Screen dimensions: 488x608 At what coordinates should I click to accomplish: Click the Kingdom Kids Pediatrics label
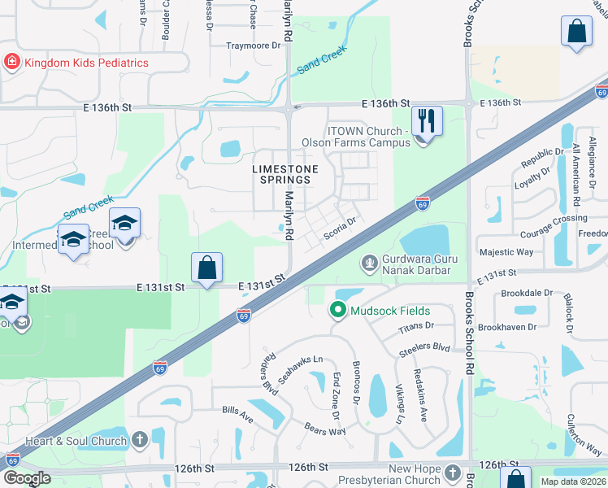pos(86,62)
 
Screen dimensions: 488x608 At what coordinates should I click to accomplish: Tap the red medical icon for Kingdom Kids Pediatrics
pos(12,62)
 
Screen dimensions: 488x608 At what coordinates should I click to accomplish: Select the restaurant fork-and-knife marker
pos(427,122)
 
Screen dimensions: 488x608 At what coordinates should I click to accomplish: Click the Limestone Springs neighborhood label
pos(281,174)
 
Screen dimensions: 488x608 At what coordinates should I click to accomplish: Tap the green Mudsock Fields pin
pos(338,310)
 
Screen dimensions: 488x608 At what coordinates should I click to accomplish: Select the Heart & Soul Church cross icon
pos(139,442)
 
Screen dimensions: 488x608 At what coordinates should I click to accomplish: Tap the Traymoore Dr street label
pos(253,46)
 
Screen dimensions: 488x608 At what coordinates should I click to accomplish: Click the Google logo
pos(28,478)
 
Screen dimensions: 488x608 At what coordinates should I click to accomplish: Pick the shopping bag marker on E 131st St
pos(207,268)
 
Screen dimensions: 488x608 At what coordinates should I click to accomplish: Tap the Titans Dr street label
pos(417,327)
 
